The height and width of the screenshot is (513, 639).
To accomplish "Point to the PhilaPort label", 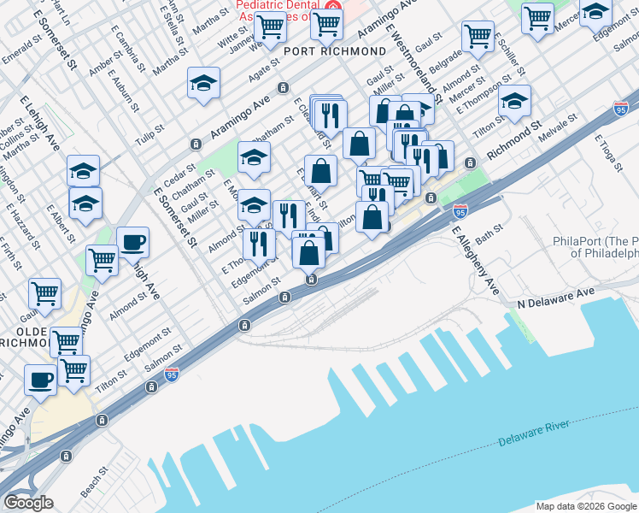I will click(595, 247).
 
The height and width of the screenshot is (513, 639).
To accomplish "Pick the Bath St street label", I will click(490, 232).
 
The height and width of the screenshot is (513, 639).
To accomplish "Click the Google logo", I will click(28, 503).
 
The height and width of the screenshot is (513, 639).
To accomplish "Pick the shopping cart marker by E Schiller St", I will click(537, 17).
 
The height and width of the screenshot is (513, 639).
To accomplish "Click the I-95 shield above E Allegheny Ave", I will click(460, 209).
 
